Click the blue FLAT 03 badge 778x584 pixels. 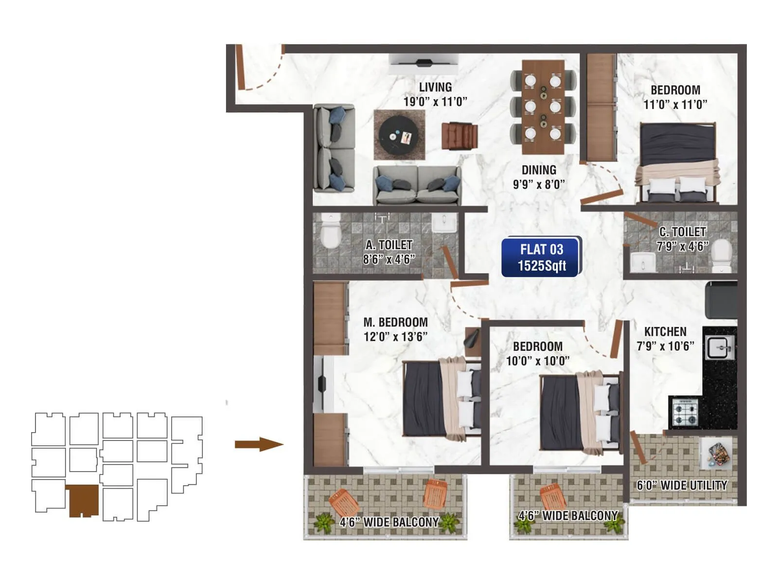pyautogui.click(x=541, y=256)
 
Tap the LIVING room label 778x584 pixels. pyautogui.click(x=435, y=87)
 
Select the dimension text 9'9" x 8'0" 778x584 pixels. pyautogui.click(x=539, y=184)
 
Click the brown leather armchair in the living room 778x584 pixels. pyautogui.click(x=459, y=136)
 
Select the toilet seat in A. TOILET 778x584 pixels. pyautogui.click(x=331, y=232)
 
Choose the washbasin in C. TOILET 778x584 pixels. pyautogui.click(x=643, y=262)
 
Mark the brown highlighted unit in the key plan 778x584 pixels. pyautogui.click(x=84, y=500)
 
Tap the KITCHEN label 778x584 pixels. pyautogui.click(x=665, y=332)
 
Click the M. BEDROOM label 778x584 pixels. pyautogui.click(x=395, y=322)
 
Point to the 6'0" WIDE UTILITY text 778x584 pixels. pyautogui.click(x=682, y=485)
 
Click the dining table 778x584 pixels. pyautogui.click(x=543, y=107)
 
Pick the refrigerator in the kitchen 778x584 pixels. pyautogui.click(x=721, y=300)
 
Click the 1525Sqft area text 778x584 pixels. pyautogui.click(x=542, y=266)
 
